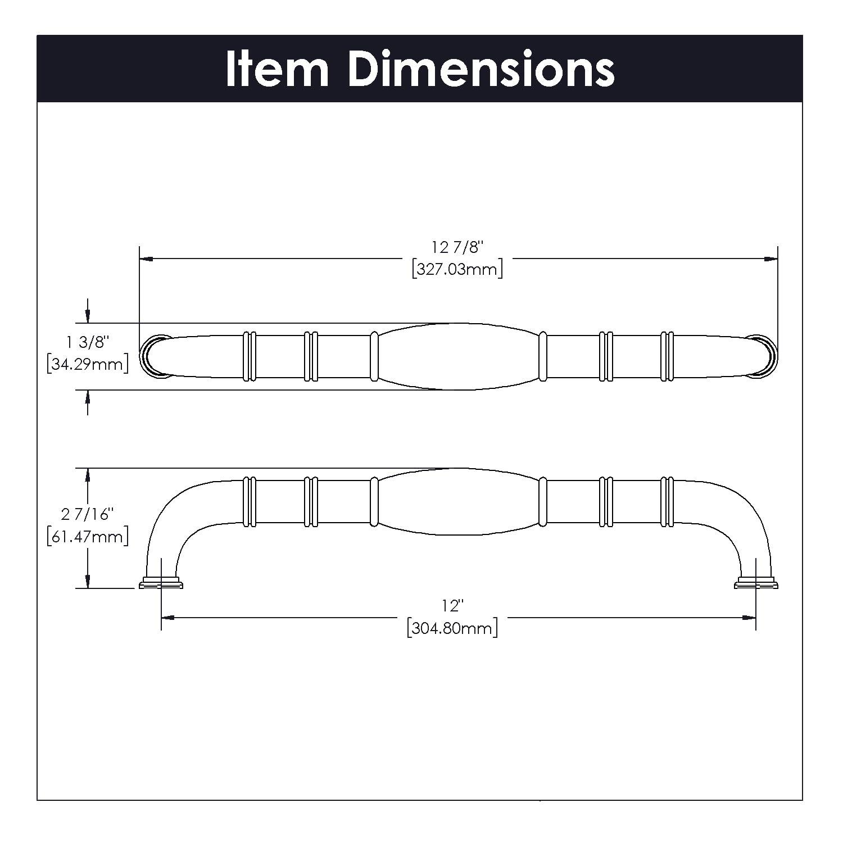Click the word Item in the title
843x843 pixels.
(x=277, y=69)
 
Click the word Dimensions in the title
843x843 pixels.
(x=481, y=69)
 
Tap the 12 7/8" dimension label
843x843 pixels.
(x=457, y=247)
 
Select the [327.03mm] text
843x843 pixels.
(x=457, y=269)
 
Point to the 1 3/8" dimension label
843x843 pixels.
(x=87, y=342)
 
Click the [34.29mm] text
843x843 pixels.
(x=88, y=364)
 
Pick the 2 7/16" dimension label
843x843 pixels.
(x=87, y=514)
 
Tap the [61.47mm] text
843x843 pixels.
(x=88, y=536)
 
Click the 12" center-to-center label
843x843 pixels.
(x=452, y=606)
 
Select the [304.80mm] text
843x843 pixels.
(x=452, y=628)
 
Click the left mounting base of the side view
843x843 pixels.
(x=161, y=583)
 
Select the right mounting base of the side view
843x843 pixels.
(x=756, y=583)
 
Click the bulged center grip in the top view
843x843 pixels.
(x=458, y=356)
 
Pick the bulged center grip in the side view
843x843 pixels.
(x=458, y=501)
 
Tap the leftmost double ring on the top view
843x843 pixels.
(x=250, y=356)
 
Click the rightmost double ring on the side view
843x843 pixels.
(x=667, y=501)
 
